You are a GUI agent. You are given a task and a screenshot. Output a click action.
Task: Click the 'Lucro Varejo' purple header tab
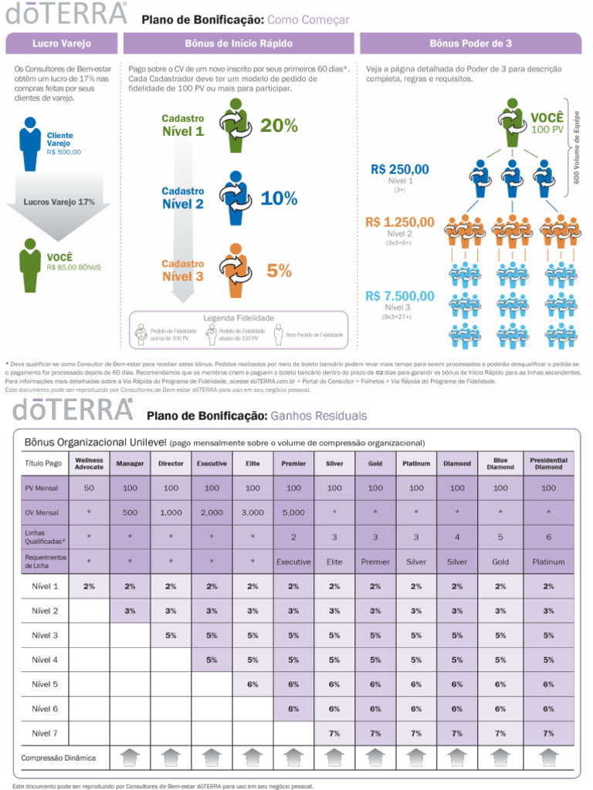61,43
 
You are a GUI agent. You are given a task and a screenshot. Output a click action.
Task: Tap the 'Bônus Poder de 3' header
470,43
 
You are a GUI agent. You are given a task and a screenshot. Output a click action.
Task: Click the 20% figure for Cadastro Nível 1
279,126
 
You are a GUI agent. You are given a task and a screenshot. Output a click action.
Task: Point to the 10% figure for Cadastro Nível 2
279,198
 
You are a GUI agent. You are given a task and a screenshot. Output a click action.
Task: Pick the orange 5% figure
279,271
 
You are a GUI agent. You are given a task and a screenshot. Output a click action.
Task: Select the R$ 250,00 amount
400,169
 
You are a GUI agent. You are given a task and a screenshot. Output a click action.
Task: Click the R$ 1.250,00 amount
400,222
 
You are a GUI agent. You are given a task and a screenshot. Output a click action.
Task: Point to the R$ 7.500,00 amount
400,295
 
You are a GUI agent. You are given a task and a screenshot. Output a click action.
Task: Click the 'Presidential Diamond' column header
548,464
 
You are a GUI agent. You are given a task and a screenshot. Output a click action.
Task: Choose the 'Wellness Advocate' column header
90,464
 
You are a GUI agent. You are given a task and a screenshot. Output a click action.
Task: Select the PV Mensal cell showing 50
90,488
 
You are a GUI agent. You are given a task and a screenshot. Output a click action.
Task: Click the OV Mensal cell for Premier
293,512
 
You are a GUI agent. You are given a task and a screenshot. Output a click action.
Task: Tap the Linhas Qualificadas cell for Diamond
457,537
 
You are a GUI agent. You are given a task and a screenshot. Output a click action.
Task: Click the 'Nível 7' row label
45,733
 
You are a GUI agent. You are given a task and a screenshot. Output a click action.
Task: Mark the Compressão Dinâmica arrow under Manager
130,758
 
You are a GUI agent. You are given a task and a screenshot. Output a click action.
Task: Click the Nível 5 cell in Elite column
252,684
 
